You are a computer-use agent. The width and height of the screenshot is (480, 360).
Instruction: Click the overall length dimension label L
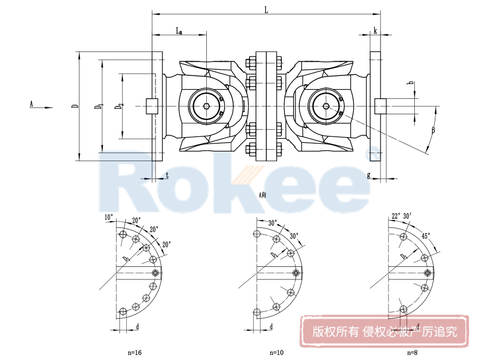click(x=266, y=9)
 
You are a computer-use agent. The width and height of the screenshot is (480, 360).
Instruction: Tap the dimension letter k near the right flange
click(x=375, y=30)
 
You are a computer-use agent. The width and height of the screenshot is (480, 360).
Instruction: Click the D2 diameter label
click(x=118, y=106)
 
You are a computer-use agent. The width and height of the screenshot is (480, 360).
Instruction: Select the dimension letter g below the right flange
click(x=369, y=174)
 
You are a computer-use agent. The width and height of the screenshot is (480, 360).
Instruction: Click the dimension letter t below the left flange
click(x=167, y=175)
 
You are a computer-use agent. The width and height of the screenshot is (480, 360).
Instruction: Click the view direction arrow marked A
click(x=40, y=106)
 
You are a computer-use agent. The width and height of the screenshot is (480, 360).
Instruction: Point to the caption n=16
click(x=134, y=351)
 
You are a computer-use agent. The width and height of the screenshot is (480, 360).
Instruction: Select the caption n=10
click(x=277, y=351)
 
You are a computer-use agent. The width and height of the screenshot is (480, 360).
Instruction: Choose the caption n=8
click(x=410, y=351)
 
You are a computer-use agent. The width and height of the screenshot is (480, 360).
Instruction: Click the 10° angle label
click(x=109, y=217)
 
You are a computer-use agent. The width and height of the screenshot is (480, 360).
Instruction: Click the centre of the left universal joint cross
click(x=206, y=106)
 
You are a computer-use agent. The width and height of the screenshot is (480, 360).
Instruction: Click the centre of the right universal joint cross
click(x=325, y=106)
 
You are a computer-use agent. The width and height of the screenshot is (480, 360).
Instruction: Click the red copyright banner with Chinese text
click(x=384, y=331)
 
